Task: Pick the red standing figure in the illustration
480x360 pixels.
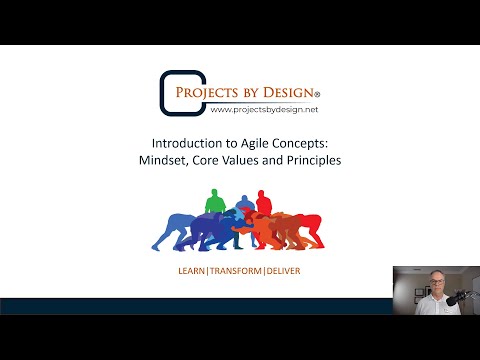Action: click(x=264, y=203)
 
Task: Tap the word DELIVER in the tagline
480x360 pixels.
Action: click(x=288, y=270)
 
